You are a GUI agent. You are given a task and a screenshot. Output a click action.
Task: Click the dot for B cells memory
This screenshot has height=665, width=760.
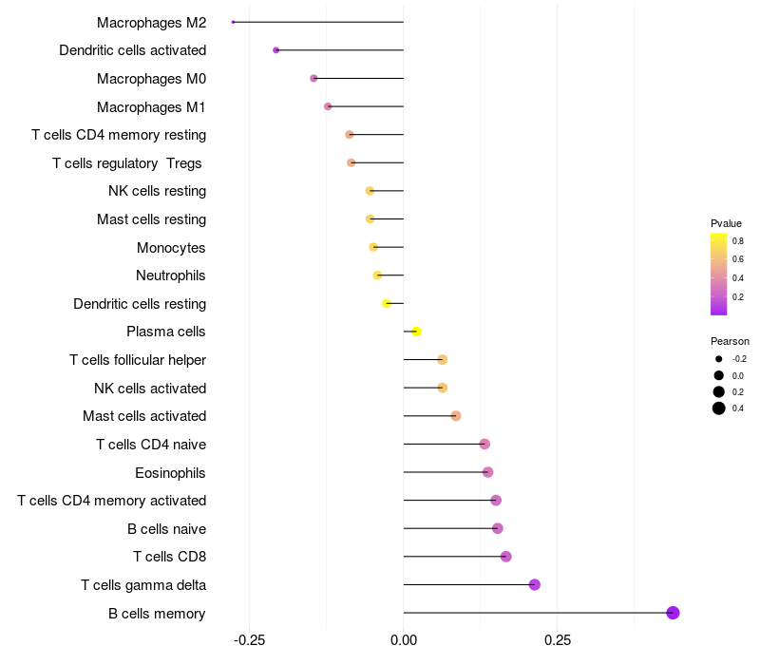pyautogui.click(x=673, y=613)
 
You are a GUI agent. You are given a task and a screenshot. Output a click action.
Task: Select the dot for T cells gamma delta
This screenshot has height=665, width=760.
pyautogui.click(x=535, y=584)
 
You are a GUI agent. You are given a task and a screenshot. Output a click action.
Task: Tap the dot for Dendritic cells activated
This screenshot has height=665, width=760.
pyautogui.click(x=276, y=49)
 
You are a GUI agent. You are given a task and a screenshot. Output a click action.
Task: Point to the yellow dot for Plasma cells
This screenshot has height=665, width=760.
pyautogui.click(x=416, y=332)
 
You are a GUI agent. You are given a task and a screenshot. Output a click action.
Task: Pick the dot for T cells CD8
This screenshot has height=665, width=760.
pyautogui.click(x=505, y=557)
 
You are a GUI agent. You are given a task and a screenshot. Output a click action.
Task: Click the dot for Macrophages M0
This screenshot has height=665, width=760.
pyautogui.click(x=314, y=78)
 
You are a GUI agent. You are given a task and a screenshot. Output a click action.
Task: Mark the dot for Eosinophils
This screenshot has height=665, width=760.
pyautogui.click(x=487, y=472)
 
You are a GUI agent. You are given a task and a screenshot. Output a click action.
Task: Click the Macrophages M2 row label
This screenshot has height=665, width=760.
pyautogui.click(x=151, y=22)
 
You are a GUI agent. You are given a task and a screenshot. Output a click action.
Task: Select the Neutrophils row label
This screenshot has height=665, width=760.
pyautogui.click(x=171, y=275)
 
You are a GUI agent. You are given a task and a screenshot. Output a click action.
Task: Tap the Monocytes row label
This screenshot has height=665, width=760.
pyautogui.click(x=171, y=248)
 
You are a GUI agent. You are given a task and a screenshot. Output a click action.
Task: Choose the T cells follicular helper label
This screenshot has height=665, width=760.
pyautogui.click(x=138, y=360)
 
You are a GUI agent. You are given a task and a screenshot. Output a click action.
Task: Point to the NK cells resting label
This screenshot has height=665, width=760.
pyautogui.click(x=157, y=191)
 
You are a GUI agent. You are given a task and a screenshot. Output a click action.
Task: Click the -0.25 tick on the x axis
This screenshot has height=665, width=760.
pyautogui.click(x=249, y=640)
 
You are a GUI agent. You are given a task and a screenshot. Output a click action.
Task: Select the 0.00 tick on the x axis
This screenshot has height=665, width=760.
pyautogui.click(x=404, y=640)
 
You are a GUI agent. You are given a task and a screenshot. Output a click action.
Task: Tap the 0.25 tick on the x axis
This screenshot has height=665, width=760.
pyautogui.click(x=558, y=640)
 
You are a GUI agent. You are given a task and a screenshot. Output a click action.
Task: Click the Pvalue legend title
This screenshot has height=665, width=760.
pyautogui.click(x=726, y=223)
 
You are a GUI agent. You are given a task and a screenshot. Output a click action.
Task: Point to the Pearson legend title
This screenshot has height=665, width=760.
pyautogui.click(x=730, y=341)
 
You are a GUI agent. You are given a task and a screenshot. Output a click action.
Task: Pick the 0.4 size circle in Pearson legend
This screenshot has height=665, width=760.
pyautogui.click(x=719, y=408)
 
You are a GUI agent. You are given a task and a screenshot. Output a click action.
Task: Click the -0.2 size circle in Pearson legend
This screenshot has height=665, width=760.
pyautogui.click(x=719, y=359)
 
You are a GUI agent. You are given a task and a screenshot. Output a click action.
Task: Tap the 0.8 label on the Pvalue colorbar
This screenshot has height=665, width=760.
pyautogui.click(x=738, y=240)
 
